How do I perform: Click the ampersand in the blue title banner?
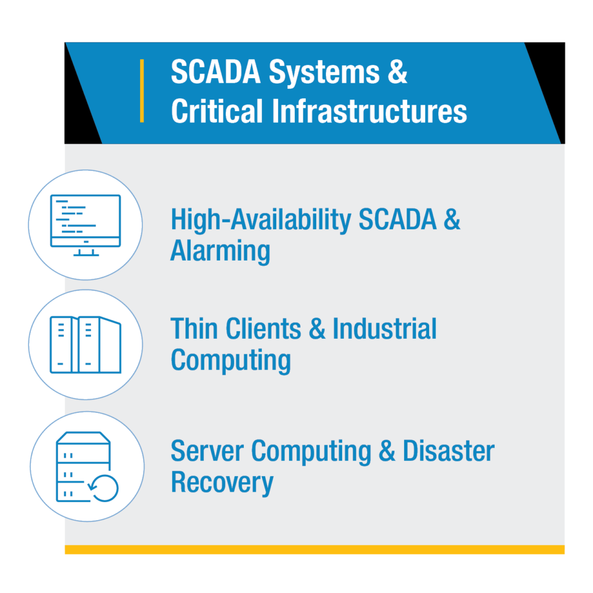point(397,74)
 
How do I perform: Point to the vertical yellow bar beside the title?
point(142,91)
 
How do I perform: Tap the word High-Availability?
point(261,220)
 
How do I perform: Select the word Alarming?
point(220,252)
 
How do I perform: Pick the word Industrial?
point(384,329)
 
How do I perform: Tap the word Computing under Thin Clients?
point(230,361)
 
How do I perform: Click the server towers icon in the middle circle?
point(86,345)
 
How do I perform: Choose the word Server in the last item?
point(207,451)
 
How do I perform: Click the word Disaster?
point(448,451)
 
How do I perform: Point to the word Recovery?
point(222,482)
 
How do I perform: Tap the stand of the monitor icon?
point(86,251)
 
